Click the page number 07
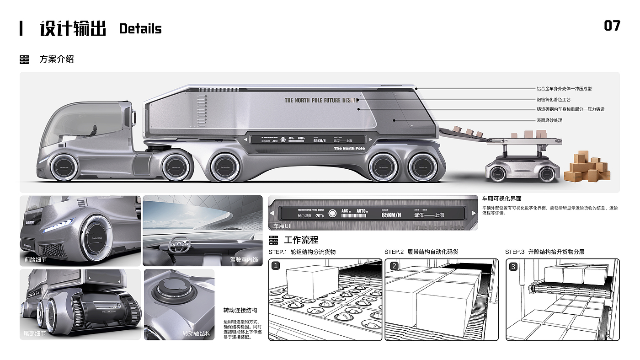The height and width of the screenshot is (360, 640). pyautogui.click(x=612, y=26)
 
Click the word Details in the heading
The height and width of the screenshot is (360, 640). pyautogui.click(x=140, y=29)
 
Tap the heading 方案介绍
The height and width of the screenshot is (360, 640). pyautogui.click(x=57, y=59)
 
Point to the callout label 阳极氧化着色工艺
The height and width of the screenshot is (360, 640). pyautogui.click(x=553, y=99)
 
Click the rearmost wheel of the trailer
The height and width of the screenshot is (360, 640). pyautogui.click(x=422, y=167)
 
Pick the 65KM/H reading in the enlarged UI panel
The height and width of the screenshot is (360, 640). pyautogui.click(x=391, y=215)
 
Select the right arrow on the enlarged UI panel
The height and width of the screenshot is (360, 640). pyautogui.click(x=474, y=213)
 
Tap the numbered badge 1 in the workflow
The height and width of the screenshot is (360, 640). pyautogui.click(x=276, y=266)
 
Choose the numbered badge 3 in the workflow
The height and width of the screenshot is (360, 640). pyautogui.click(x=513, y=266)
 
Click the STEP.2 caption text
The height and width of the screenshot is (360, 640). pyautogui.click(x=421, y=252)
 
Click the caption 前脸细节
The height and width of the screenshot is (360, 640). pyautogui.click(x=36, y=260)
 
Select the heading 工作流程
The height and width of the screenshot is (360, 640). pyautogui.click(x=301, y=240)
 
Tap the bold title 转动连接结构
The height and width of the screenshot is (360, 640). pyautogui.click(x=240, y=310)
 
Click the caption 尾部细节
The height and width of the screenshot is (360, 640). pyautogui.click(x=35, y=334)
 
